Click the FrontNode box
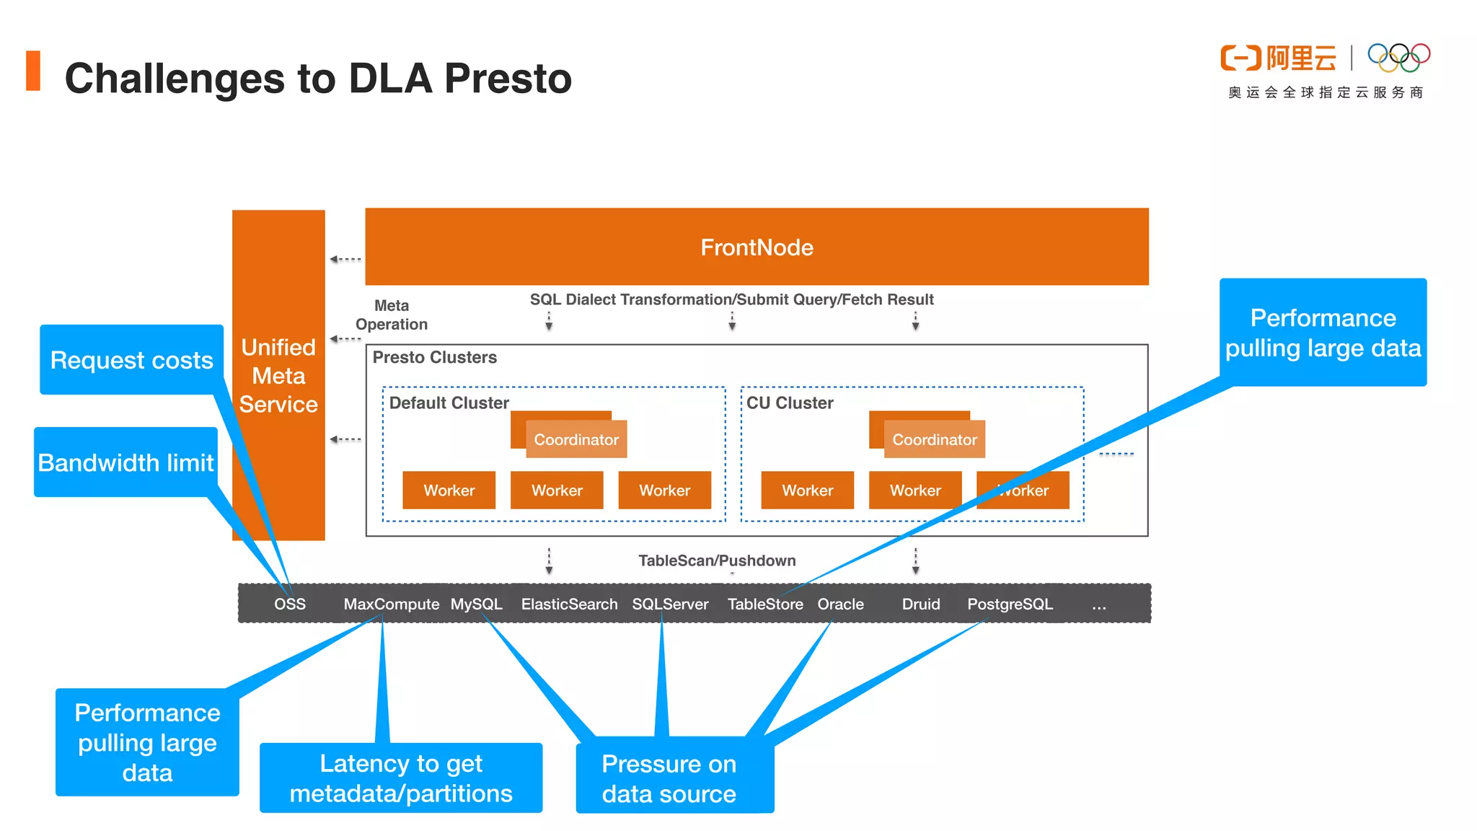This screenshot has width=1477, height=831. [757, 247]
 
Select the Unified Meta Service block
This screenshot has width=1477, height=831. [278, 375]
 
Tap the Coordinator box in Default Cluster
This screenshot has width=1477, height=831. [576, 439]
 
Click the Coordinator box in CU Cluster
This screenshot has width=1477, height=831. [935, 439]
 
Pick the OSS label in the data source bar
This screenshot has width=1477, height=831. [290, 604]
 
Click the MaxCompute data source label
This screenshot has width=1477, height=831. [391, 604]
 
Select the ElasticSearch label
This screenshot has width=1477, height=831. [569, 604]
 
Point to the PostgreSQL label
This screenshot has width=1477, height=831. [1010, 604]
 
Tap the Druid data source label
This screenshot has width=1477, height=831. [921, 604]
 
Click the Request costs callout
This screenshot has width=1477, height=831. [131, 360]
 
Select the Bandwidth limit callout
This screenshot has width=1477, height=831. [125, 462]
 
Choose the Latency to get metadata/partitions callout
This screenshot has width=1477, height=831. [401, 778]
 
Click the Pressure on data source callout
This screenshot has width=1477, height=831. [669, 778]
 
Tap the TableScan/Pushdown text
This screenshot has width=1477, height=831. [717, 560]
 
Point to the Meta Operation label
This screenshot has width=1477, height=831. [392, 315]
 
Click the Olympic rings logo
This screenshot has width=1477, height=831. [1398, 58]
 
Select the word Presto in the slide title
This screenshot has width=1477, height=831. [508, 79]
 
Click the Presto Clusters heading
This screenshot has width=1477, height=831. [434, 358]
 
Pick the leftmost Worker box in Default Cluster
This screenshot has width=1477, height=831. [449, 491]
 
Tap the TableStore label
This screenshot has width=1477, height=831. [765, 604]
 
